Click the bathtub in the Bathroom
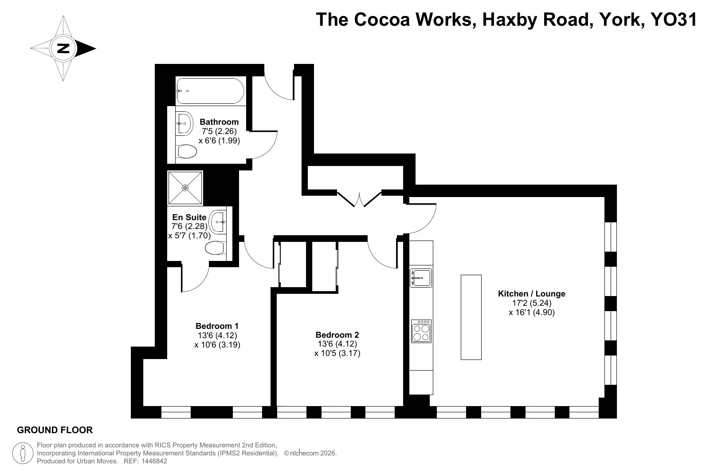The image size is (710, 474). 210,91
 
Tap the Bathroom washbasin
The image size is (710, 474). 184,123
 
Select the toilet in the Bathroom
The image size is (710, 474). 186,151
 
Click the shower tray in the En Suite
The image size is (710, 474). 185,188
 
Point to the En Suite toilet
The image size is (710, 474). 216,248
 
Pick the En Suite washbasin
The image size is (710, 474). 218,222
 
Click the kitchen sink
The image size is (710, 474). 421,278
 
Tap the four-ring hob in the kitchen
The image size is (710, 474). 421,331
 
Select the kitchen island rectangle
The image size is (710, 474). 471,317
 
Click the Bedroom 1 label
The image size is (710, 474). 217,326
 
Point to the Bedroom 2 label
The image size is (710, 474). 337,335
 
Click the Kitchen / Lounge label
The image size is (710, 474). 532,294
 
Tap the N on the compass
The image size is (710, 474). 63,48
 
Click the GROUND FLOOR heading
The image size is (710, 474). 55,430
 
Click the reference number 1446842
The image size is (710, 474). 154,461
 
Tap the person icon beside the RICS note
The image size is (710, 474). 23,453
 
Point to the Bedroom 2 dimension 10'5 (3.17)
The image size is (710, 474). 337,353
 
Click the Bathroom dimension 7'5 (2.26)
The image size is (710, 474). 220,131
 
